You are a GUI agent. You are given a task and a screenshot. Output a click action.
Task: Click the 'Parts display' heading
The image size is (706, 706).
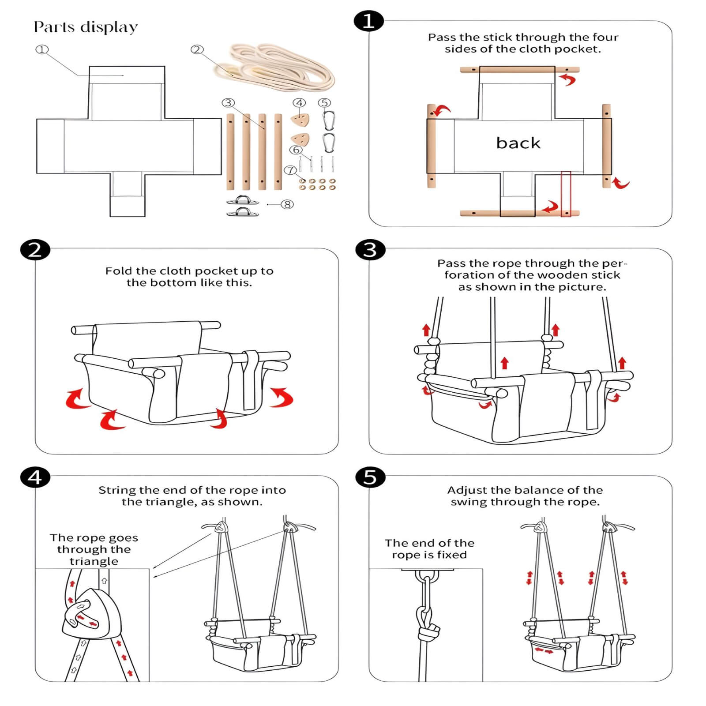(x=86, y=27)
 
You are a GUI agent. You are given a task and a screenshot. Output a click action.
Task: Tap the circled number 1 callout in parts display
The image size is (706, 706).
(x=42, y=49)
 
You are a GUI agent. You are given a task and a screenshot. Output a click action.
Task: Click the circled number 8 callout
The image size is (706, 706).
(x=287, y=204)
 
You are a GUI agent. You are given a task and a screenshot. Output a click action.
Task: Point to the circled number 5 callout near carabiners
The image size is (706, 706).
(x=324, y=103)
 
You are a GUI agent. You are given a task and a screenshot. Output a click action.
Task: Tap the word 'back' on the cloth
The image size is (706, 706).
(x=518, y=143)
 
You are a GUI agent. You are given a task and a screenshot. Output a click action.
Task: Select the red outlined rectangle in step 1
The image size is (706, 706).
(x=566, y=194)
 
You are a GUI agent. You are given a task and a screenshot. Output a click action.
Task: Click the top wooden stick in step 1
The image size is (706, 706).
(x=519, y=70)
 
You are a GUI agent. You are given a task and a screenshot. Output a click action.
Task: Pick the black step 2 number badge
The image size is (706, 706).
(x=35, y=250)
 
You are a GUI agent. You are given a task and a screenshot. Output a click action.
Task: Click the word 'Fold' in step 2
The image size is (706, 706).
(x=119, y=271)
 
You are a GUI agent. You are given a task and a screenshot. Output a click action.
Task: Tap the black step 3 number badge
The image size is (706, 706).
(x=370, y=250)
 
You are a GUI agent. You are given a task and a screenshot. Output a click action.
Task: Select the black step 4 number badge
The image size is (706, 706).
(x=35, y=477)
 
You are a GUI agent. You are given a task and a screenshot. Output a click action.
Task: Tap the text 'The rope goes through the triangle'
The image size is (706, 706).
(x=94, y=549)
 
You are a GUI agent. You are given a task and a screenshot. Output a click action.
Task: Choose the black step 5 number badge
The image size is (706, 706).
(x=370, y=477)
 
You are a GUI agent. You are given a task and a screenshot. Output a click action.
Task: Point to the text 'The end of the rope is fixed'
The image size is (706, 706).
(x=429, y=549)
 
